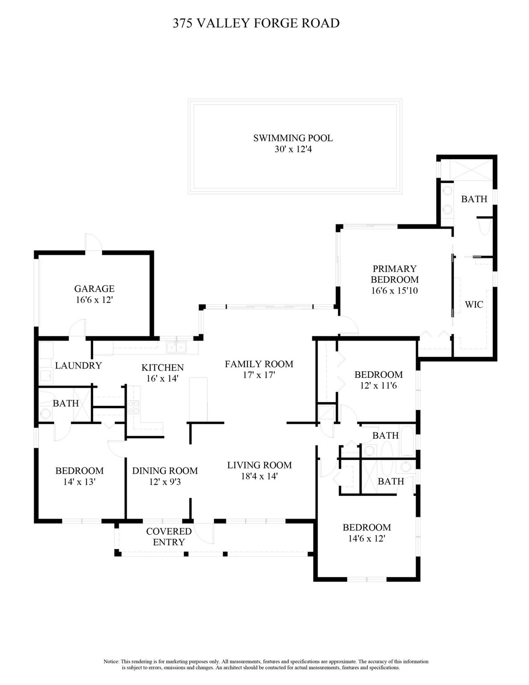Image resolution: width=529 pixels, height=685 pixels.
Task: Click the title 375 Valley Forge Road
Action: coord(256,23)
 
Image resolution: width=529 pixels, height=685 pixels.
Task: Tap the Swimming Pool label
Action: coord(293,138)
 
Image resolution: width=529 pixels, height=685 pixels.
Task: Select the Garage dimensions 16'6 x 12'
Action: coord(94,300)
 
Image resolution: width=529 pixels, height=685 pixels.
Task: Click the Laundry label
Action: coord(78,365)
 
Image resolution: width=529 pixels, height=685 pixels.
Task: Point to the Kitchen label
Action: coord(162,367)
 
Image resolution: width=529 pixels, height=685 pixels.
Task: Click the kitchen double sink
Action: coord(176,347)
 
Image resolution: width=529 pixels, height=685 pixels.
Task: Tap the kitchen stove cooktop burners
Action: coord(133,407)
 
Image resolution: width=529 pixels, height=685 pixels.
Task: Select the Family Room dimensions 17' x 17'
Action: coord(259,375)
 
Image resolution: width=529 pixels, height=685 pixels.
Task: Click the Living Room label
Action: coord(260,465)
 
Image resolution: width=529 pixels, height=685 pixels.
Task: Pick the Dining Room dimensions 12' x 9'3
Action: coord(165,482)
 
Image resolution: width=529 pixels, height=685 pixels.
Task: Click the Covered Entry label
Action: coord(169,537)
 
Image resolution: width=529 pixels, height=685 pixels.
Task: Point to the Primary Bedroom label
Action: coord(394,274)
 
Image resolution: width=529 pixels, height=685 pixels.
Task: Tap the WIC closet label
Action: coord(474,305)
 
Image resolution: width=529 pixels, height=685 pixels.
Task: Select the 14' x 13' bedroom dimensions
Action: coord(79,482)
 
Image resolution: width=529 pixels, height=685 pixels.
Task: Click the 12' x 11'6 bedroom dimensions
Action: coord(378,385)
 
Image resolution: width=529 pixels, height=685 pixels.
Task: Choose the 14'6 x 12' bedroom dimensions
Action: coord(367,539)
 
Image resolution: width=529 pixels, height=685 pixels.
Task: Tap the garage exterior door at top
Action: coord(93,243)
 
